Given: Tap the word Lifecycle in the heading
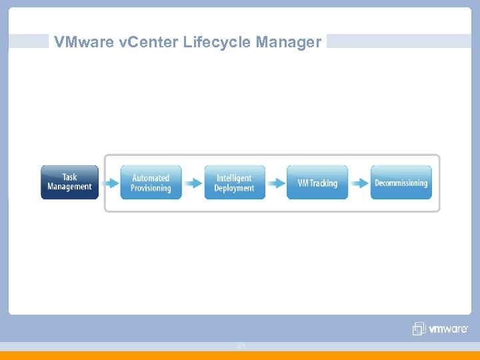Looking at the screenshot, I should tap(200, 43).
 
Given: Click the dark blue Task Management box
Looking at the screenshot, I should tap(69, 182).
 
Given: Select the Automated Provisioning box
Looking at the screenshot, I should tap(151, 183).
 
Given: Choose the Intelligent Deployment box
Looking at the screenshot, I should tap(234, 183).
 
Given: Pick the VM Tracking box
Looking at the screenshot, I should tap(317, 183).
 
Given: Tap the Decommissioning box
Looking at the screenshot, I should tap(401, 183).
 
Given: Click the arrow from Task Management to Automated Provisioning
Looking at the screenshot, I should tap(109, 183).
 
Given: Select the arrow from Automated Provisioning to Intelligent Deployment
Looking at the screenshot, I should tap(193, 183).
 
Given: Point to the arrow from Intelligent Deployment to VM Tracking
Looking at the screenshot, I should tap(276, 183).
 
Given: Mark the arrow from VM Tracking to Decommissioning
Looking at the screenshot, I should tap(359, 183).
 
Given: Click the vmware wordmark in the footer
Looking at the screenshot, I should tap(447, 329).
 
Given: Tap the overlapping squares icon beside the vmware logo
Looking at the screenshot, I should tap(419, 329).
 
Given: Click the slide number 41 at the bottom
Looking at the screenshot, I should tap(241, 347).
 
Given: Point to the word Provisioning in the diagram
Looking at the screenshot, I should tap(151, 189).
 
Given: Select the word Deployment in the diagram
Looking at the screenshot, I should tap(234, 189).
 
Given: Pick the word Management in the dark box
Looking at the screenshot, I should tap(69, 187).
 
